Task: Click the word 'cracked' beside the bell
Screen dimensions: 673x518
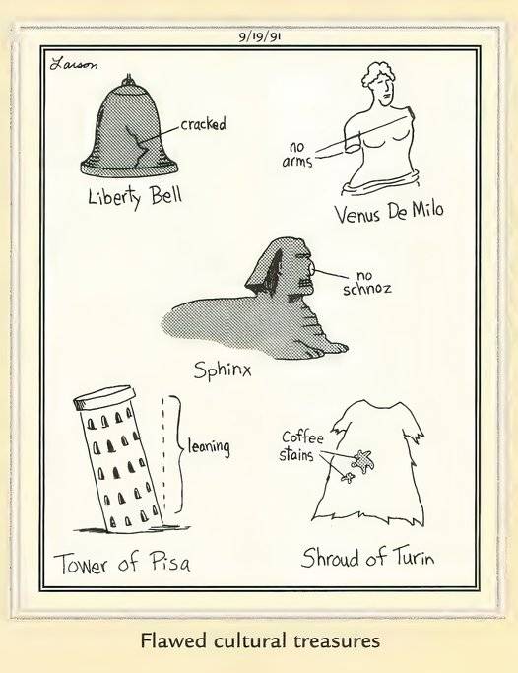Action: [x=203, y=125]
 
